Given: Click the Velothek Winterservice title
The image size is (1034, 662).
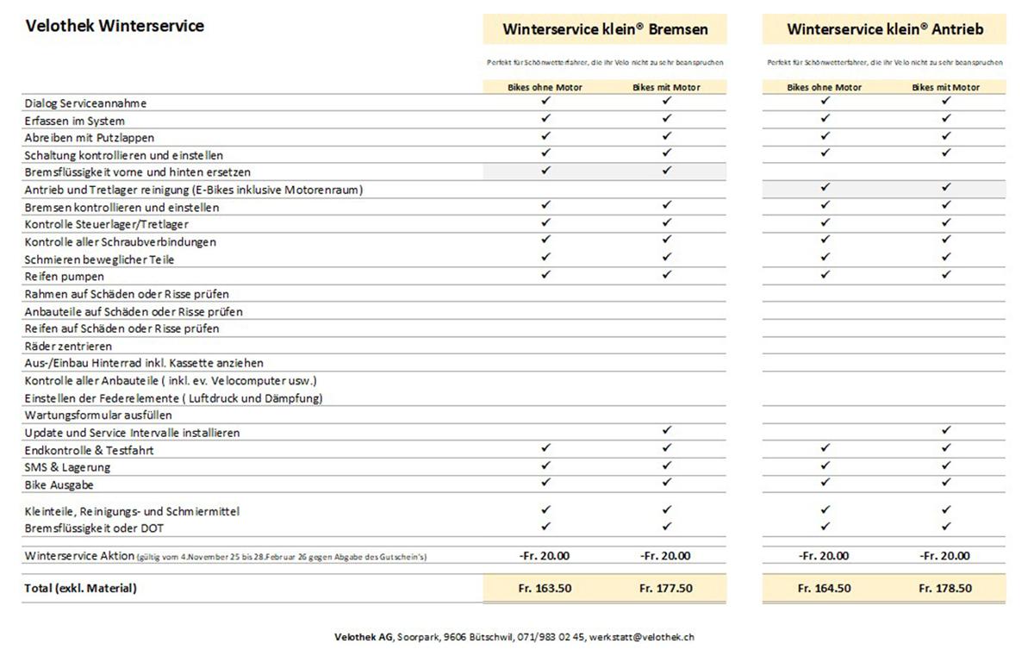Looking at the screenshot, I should [x=115, y=26].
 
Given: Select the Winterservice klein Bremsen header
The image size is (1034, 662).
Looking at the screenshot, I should [x=605, y=29].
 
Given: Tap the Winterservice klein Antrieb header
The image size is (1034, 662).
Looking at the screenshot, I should [x=885, y=29].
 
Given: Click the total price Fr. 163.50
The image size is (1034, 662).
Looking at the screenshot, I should [x=545, y=589].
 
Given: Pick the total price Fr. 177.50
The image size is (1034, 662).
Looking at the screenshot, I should [x=666, y=589].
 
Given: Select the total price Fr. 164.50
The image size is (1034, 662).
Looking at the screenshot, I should [x=825, y=589].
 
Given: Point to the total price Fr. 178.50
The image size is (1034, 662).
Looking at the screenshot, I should [x=945, y=589].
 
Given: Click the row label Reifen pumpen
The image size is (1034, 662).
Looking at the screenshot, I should [x=65, y=277].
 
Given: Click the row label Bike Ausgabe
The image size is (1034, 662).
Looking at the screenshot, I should [x=59, y=485].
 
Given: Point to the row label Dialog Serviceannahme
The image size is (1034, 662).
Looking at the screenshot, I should [x=86, y=103].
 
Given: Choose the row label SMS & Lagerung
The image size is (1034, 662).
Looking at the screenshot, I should [x=68, y=467].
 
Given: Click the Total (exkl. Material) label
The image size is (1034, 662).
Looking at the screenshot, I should [x=81, y=589].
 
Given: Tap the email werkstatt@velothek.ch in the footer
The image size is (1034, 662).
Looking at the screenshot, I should [x=642, y=637].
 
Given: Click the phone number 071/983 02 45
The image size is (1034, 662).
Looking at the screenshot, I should [x=551, y=637].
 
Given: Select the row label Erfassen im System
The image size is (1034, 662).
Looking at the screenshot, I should [x=75, y=121].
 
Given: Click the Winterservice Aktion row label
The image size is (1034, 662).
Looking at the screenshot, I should [x=79, y=556].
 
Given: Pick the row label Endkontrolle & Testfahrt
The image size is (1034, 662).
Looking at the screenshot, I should [x=90, y=450].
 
